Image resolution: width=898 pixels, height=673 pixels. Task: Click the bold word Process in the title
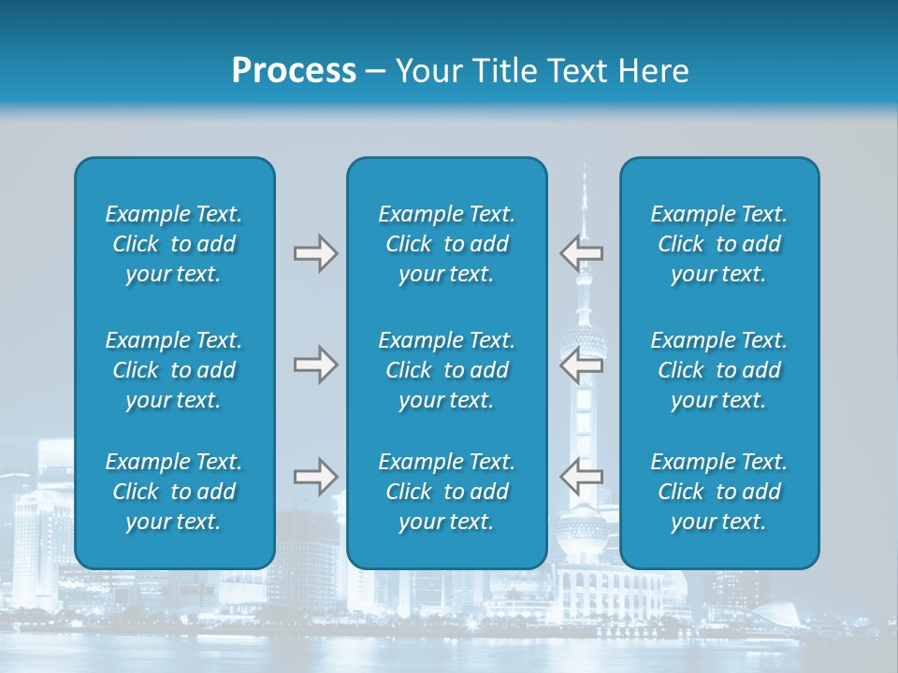(x=294, y=71)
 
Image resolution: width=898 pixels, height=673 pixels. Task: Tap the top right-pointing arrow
(x=315, y=253)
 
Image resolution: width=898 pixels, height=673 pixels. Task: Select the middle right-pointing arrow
(x=315, y=365)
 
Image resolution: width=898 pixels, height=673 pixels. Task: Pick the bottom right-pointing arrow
(x=315, y=477)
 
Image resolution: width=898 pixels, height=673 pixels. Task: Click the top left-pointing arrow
(x=582, y=252)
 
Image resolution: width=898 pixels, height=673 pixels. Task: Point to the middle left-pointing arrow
(x=582, y=365)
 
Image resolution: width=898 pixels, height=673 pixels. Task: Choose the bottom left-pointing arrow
(x=582, y=477)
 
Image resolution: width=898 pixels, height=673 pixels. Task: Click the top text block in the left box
(x=174, y=244)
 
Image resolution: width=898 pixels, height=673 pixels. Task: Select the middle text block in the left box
(x=174, y=370)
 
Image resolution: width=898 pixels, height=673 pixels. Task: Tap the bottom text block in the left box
(x=174, y=492)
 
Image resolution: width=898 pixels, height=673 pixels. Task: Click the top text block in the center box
(x=447, y=244)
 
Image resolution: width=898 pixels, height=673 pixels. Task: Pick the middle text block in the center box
(x=447, y=370)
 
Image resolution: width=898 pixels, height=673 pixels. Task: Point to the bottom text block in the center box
(x=447, y=492)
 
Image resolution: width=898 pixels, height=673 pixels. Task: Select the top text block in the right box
(x=719, y=244)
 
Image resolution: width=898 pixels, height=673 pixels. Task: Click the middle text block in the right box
(x=719, y=370)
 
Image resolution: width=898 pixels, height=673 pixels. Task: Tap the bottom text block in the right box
(x=719, y=492)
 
